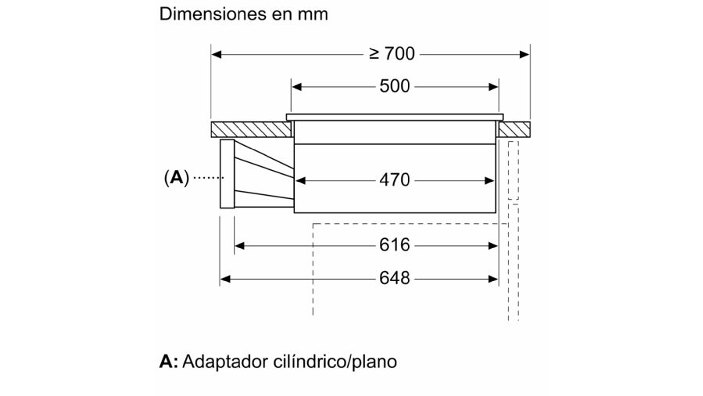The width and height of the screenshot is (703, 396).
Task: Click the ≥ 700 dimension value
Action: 392,54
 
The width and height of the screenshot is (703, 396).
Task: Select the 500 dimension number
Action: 395,86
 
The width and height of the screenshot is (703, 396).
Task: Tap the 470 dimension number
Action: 395,180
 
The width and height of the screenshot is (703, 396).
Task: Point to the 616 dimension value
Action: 395,245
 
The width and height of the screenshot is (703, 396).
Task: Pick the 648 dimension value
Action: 395,278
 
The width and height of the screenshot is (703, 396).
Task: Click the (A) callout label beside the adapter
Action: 177,178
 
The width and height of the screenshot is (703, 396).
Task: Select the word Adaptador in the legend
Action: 225,362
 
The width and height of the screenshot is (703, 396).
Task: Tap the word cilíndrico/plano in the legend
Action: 335,362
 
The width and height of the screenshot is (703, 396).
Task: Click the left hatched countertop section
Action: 251,129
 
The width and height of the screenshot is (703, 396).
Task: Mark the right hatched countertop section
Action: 514,129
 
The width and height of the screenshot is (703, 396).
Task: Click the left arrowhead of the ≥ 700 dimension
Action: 216,54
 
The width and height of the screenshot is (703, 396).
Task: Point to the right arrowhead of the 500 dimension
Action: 493,87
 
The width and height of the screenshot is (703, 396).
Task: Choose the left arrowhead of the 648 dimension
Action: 225,279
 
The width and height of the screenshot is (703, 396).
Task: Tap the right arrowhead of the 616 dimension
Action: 493,246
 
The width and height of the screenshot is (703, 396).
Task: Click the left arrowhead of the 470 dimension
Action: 300,181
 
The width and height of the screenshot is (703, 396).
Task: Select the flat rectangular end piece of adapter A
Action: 227,174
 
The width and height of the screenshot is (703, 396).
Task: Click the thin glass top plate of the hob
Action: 395,117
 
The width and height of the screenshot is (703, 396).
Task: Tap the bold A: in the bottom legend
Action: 168,362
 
